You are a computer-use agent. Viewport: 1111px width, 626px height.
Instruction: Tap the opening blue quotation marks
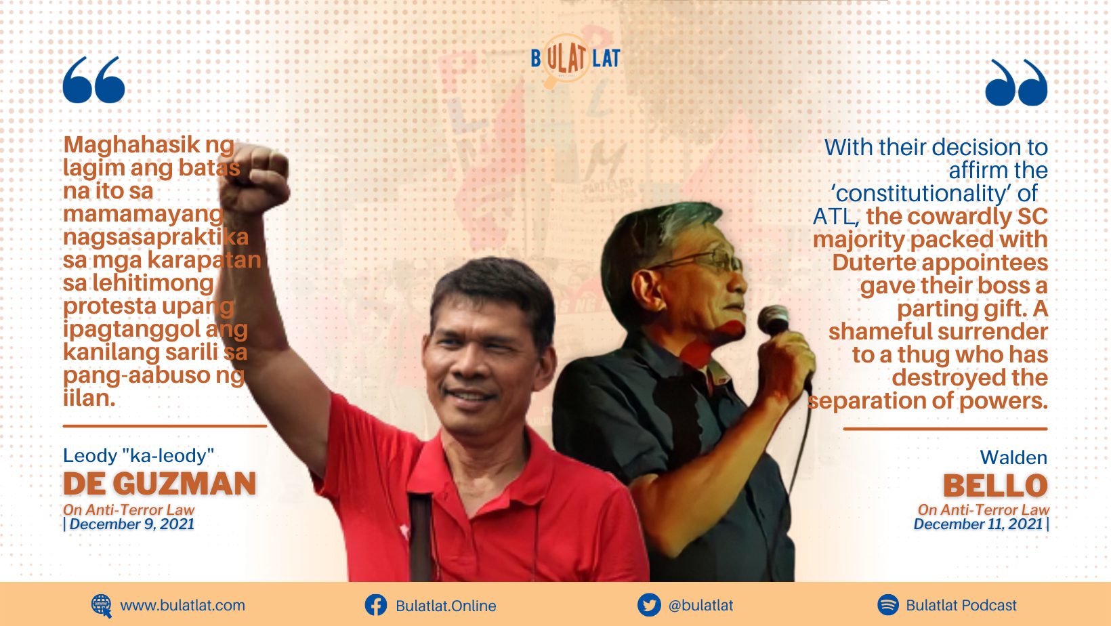point(93,80)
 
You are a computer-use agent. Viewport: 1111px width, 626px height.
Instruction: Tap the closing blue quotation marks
point(1015,83)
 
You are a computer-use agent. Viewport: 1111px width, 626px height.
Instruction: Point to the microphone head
point(773,320)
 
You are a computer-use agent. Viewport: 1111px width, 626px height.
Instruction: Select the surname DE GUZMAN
point(160,484)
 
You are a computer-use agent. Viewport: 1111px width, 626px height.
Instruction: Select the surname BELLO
point(995,486)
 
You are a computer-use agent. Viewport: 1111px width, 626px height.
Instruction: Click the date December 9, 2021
point(132,524)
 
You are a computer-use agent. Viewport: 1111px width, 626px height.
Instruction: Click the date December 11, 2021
point(978,524)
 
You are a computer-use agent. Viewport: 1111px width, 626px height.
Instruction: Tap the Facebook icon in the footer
point(376,605)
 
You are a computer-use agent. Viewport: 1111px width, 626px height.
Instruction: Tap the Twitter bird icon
point(649,605)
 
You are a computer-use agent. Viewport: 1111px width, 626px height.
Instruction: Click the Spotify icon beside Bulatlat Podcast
point(888,605)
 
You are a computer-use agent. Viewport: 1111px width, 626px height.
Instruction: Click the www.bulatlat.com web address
point(182,606)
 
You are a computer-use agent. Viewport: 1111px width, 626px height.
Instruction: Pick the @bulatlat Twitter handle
point(700,606)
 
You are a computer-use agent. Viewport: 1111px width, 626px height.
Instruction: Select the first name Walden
point(1013,457)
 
